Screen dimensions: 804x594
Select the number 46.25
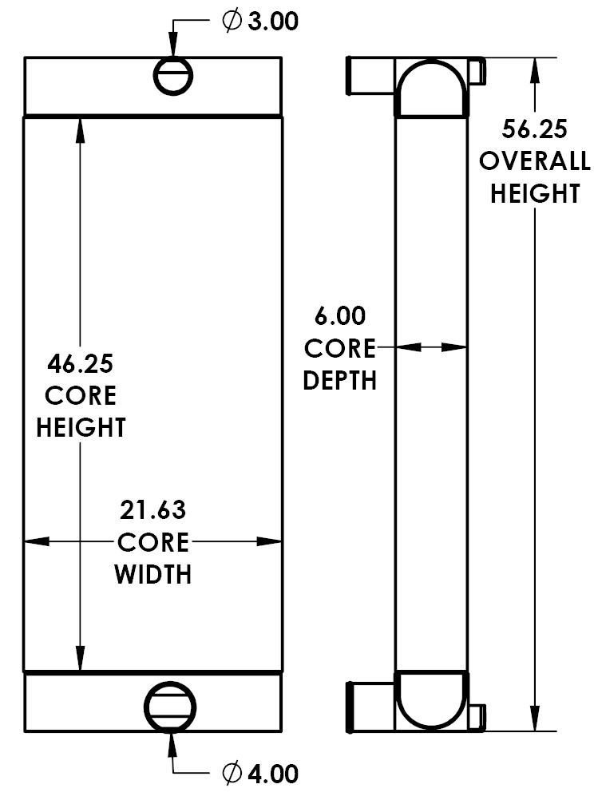[x=80, y=365]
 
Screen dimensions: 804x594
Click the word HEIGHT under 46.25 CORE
[x=80, y=427]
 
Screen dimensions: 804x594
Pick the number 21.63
[x=153, y=510]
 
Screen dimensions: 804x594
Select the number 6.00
[x=340, y=316]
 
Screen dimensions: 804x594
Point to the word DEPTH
[x=340, y=381]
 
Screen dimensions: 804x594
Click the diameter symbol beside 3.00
[x=231, y=22]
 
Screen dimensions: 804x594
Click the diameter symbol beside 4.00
[x=231, y=774]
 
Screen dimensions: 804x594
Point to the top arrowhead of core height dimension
[x=80, y=128]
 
